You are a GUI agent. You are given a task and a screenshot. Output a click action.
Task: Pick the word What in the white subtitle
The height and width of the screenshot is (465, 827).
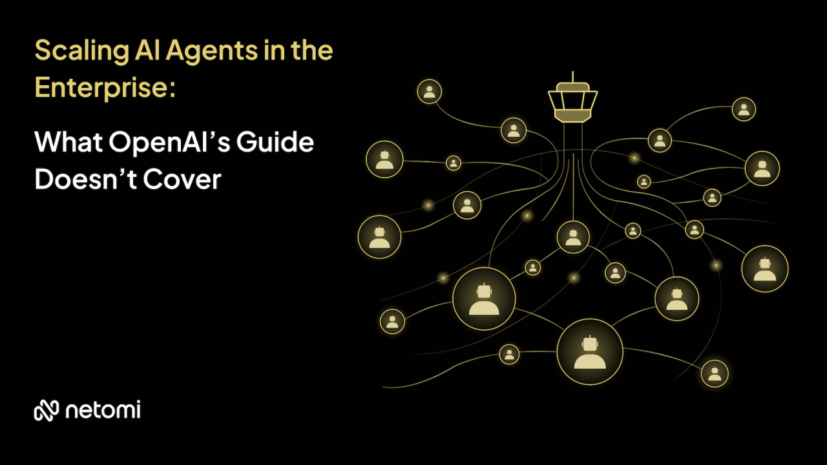click(x=67, y=142)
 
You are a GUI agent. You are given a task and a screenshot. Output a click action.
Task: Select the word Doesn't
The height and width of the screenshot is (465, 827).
click(x=84, y=180)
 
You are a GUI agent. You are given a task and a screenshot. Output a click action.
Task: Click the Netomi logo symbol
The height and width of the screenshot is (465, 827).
click(x=47, y=410)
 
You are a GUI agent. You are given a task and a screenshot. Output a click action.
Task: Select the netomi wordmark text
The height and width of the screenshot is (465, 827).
click(x=103, y=410)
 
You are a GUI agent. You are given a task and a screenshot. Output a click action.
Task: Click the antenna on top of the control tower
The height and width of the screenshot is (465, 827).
click(x=572, y=77)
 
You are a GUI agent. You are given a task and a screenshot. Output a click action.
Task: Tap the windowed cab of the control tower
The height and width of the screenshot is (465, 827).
click(x=572, y=100)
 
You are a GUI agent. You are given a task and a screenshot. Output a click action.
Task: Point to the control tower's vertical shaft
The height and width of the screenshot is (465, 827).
click(x=572, y=139)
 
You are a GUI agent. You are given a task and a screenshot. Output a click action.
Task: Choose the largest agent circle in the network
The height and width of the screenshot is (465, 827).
click(x=589, y=351)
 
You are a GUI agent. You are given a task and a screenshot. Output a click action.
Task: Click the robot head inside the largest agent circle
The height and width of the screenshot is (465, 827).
click(x=589, y=344)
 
